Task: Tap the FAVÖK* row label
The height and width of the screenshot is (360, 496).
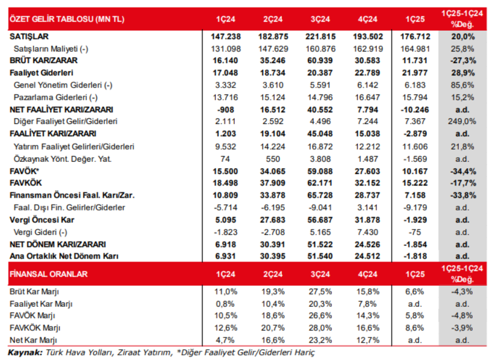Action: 26,172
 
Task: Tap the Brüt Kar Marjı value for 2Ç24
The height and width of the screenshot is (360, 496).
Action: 270,291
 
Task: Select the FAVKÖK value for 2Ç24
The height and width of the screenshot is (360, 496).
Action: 270,183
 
